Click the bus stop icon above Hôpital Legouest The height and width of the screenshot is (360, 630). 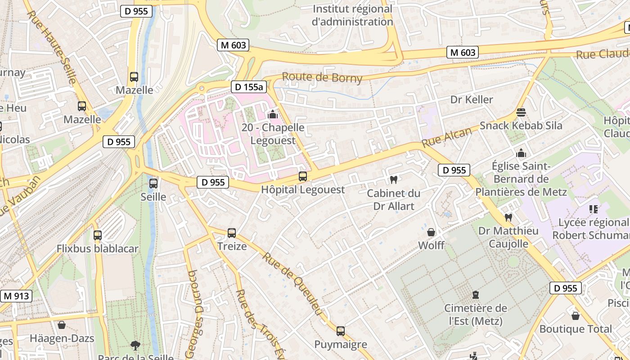[x=303, y=176]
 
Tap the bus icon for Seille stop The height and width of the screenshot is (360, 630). [x=153, y=183]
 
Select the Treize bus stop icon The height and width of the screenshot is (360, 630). [x=232, y=233]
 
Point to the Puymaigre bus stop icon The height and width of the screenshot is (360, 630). [x=341, y=331]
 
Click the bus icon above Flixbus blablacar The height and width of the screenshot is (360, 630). [x=98, y=235]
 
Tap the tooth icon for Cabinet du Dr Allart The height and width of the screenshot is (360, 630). [x=394, y=180]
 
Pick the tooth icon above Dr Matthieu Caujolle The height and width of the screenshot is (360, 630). [x=508, y=217]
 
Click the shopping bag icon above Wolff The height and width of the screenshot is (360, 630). [x=431, y=232]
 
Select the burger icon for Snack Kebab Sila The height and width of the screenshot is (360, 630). [x=521, y=112]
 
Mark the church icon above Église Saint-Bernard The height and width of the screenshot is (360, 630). [x=521, y=153]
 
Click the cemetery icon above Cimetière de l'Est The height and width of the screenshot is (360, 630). [x=476, y=295]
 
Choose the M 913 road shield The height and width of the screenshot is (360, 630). [x=17, y=296]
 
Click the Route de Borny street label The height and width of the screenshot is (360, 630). [x=322, y=77]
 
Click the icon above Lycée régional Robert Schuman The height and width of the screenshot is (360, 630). [x=594, y=209]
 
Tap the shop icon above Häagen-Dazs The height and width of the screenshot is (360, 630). [x=62, y=324]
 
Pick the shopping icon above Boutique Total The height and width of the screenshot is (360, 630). [x=576, y=315]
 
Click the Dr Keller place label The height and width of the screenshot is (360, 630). [x=472, y=99]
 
